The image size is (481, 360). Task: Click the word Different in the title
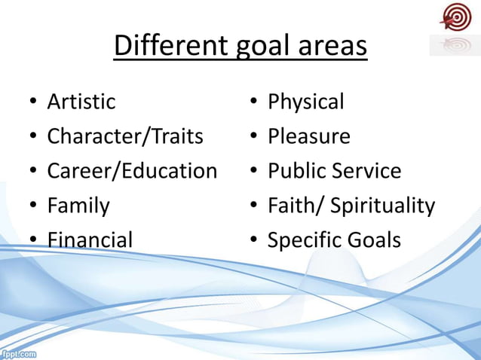pyautogui.click(x=167, y=46)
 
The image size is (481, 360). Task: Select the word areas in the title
pyautogui.click(x=330, y=46)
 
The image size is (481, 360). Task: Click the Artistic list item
pyautogui.click(x=81, y=102)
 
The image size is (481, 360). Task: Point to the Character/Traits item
pyautogui.click(x=125, y=136)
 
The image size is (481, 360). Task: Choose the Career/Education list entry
pyautogui.click(x=132, y=171)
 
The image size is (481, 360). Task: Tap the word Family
pyautogui.click(x=78, y=206)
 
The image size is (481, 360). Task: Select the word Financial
pyautogui.click(x=90, y=240)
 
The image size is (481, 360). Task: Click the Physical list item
pyautogui.click(x=306, y=102)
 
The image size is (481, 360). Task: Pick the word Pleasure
pyautogui.click(x=309, y=136)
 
